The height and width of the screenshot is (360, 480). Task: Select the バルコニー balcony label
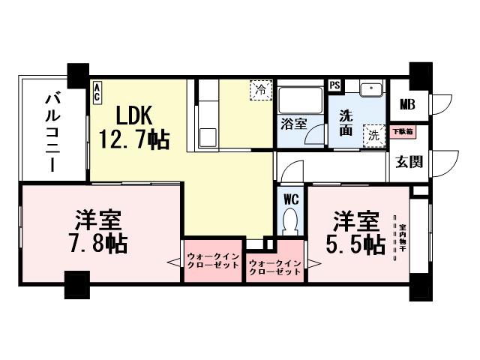(x=52, y=130)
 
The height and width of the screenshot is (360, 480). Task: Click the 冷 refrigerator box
(x=260, y=88)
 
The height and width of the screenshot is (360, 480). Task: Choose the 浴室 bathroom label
(x=292, y=124)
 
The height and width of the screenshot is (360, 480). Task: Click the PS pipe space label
(x=334, y=85)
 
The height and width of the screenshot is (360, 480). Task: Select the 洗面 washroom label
(x=346, y=124)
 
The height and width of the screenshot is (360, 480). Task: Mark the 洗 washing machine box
(x=373, y=135)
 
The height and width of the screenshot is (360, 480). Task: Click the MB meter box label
(x=407, y=104)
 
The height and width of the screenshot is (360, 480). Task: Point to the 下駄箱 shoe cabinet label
(x=403, y=131)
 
